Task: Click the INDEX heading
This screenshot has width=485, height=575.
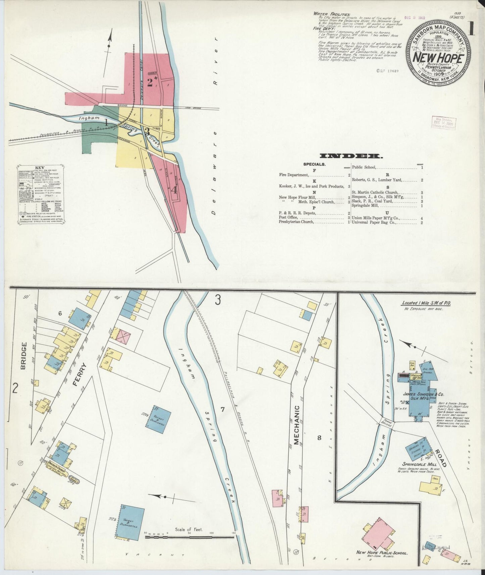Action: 350,156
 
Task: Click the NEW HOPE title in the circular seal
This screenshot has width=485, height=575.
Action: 438,58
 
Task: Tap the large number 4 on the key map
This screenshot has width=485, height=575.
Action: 174,190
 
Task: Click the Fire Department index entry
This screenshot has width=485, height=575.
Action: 293,175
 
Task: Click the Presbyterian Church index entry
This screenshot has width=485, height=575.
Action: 296,222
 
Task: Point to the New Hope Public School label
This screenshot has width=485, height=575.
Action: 382,553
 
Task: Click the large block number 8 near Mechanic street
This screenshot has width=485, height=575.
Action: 319,437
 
